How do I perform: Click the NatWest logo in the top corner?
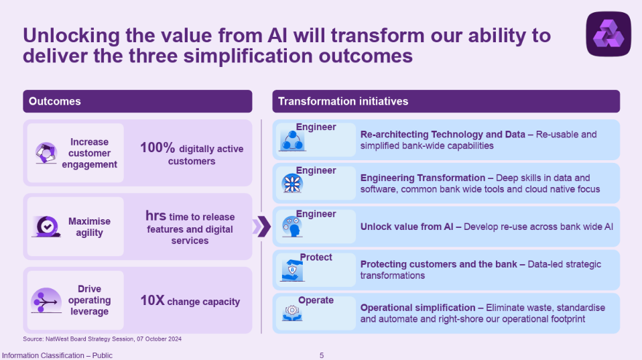pyautogui.click(x=608, y=34)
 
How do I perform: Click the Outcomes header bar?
pyautogui.click(x=137, y=101)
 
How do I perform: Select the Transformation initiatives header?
pyautogui.click(x=446, y=101)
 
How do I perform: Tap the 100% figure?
pyautogui.click(x=157, y=147)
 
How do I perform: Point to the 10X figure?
pyautogui.click(x=152, y=300)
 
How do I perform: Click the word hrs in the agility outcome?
pyautogui.click(x=155, y=215)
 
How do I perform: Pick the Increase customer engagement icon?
pyautogui.click(x=46, y=153)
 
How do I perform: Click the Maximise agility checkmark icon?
pyautogui.click(x=46, y=227)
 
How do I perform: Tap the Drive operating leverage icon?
pyautogui.click(x=46, y=300)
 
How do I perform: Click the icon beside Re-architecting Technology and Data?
pyautogui.click(x=292, y=141)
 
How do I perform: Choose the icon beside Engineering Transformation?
pyautogui.click(x=292, y=184)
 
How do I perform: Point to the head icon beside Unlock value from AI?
pyautogui.click(x=292, y=227)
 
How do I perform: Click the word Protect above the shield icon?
pyautogui.click(x=316, y=257)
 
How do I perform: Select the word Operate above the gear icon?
pyautogui.click(x=316, y=300)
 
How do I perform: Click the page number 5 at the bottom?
pyautogui.click(x=322, y=355)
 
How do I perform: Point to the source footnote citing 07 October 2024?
pyautogui.click(x=102, y=339)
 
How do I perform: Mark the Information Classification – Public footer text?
pyautogui.click(x=57, y=355)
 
